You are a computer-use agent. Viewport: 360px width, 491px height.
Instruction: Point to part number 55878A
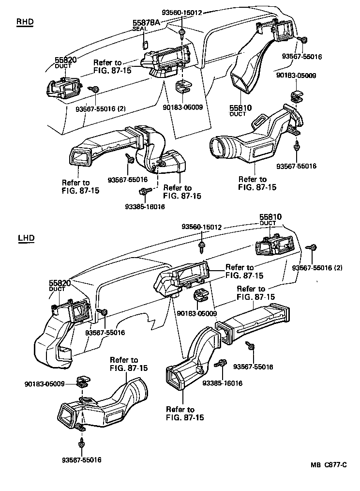(x=146, y=22)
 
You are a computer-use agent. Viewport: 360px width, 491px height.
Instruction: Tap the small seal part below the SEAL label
(x=145, y=45)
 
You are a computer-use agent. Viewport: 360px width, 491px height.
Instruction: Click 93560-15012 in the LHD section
(x=202, y=227)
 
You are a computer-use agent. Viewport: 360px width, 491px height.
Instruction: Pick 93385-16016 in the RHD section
(x=145, y=206)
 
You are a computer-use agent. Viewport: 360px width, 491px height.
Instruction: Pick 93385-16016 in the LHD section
(x=223, y=383)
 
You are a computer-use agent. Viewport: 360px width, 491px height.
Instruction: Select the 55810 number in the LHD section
(x=270, y=217)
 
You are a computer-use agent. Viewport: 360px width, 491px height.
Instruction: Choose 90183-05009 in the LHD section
(x=45, y=384)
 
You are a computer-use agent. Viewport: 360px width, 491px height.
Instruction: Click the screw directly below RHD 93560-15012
(x=182, y=34)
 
